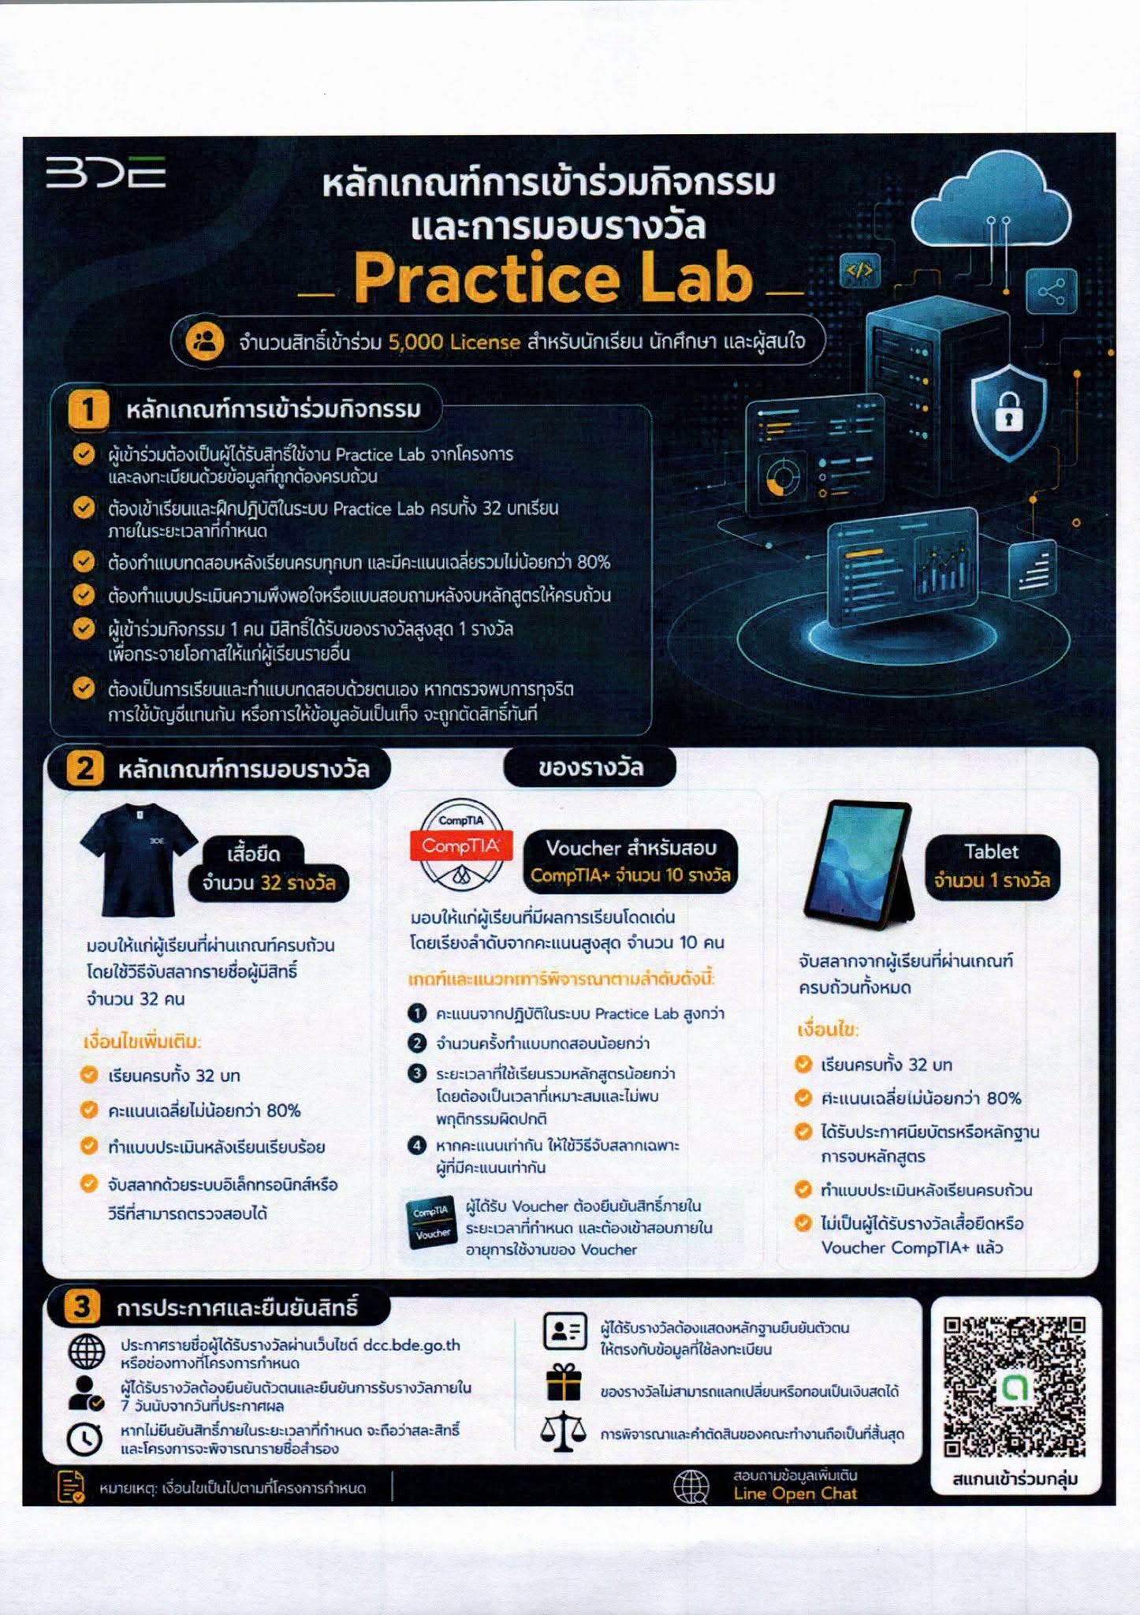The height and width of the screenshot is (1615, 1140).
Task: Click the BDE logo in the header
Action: point(106,172)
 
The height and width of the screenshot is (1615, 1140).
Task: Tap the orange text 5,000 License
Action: point(454,342)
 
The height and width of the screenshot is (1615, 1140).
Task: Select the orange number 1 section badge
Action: point(88,409)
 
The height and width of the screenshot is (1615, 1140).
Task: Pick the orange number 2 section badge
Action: point(84,768)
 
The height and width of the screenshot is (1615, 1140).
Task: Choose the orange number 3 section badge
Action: point(82,1307)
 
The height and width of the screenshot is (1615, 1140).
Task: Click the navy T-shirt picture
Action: point(138,859)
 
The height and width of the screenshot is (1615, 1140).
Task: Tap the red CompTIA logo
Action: point(461,846)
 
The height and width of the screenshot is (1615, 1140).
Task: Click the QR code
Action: point(1015,1387)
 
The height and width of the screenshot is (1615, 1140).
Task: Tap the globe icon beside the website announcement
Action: point(86,1352)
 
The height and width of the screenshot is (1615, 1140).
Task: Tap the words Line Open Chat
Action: point(795,1493)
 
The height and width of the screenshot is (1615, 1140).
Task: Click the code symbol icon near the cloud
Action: point(859,271)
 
